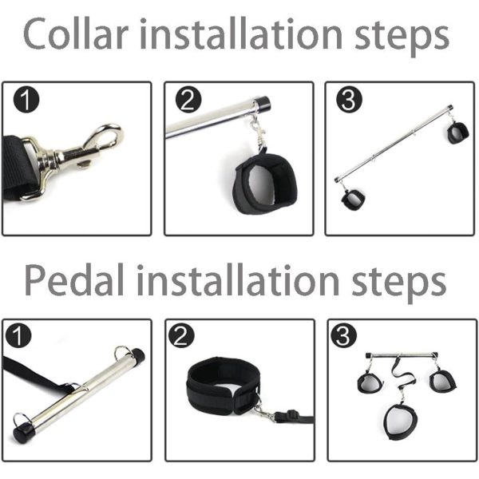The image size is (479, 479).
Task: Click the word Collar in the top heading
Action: pos(75,33)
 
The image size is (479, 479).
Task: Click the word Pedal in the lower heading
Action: pos(74,279)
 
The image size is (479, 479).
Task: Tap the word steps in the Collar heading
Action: pos(402,37)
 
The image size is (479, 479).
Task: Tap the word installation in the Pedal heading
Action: pos(238,279)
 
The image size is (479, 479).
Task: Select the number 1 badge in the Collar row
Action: pos(26,100)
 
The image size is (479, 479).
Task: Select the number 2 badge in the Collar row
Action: pos(188,100)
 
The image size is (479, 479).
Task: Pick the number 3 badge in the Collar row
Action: pos(349,100)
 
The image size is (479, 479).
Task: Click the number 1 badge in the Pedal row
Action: pos(18,336)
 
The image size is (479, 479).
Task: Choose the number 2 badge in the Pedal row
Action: pos(181,336)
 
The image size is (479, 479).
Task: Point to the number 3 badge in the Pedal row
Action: pos(343,336)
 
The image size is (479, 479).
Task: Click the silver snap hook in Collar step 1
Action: pos(77,158)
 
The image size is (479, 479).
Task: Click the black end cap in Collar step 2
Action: pos(263,103)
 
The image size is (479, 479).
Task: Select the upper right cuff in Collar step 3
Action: pos(458,133)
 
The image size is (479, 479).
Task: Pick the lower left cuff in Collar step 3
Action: pos(353,200)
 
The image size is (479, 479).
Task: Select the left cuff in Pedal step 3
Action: pos(370,382)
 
